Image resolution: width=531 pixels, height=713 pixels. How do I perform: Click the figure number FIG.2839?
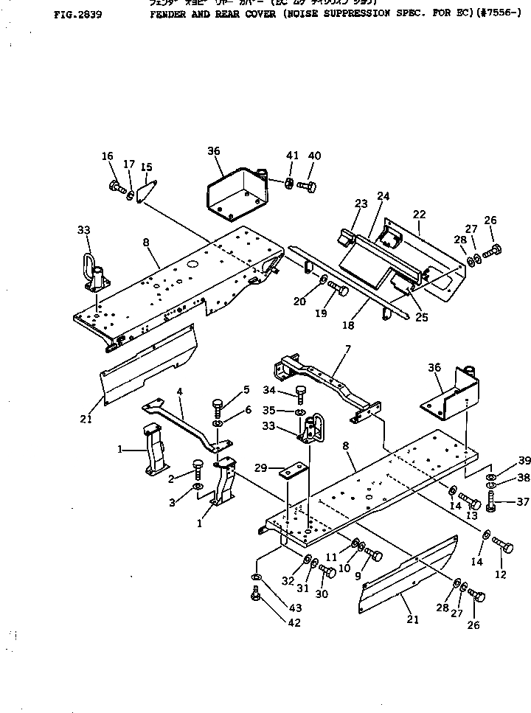pos(77,13)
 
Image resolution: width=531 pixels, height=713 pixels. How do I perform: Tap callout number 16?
pos(108,156)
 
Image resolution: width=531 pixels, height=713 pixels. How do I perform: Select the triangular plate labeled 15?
pos(148,189)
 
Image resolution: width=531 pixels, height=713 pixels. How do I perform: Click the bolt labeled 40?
pos(308,185)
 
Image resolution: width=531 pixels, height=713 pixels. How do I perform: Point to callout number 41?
pos(293,156)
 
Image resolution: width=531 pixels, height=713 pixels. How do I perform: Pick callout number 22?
pos(419,214)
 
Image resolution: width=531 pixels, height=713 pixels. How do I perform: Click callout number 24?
pos(383,196)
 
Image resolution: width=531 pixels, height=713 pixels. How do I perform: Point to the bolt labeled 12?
pos(504,547)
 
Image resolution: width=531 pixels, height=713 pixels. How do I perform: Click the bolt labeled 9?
pos(375,554)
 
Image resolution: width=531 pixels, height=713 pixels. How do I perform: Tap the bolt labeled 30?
pos(328,570)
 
